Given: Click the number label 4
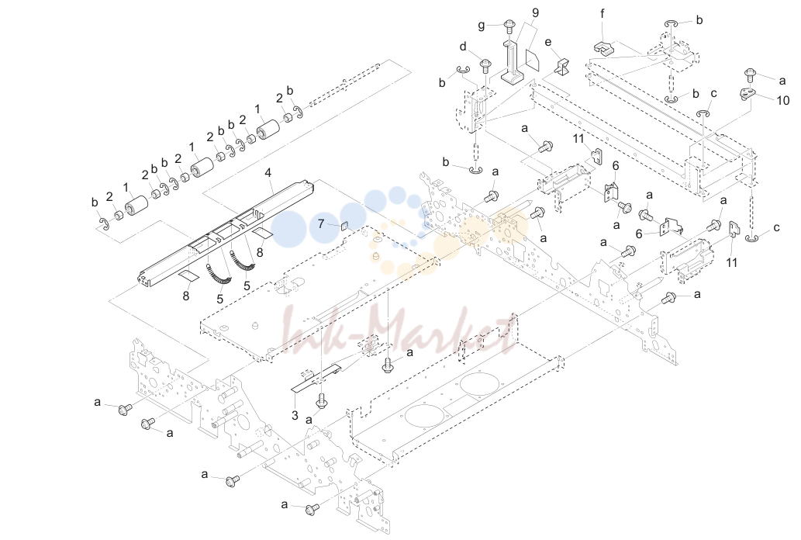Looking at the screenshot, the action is click(268, 173).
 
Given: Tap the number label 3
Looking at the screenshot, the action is click(295, 416).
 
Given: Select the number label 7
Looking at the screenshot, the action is click(321, 224).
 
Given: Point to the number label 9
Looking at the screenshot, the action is click(535, 12).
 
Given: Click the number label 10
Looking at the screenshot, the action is click(783, 100).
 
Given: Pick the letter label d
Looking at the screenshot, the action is click(463, 47).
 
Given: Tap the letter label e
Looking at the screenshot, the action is click(548, 42).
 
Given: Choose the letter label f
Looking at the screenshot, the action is click(602, 14).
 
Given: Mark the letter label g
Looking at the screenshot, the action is click(482, 26).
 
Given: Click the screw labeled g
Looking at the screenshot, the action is click(509, 25).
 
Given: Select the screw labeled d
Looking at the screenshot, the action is click(485, 65).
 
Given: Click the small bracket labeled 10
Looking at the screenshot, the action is click(748, 94).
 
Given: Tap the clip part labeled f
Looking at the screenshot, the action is click(604, 47).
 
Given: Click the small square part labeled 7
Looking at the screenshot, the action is click(344, 225).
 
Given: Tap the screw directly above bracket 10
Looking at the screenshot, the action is click(751, 74).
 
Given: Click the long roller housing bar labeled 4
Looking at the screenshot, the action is click(226, 231).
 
